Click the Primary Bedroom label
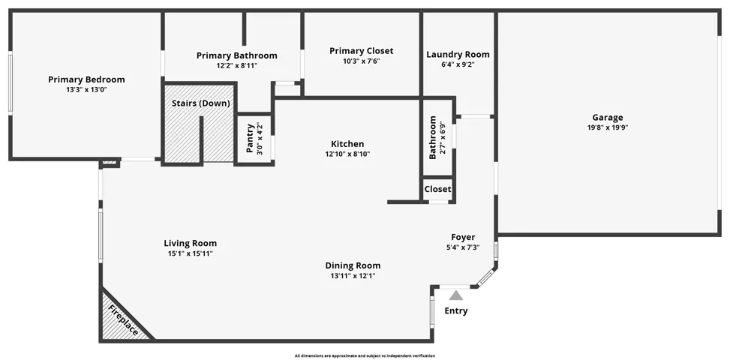pos(86,79)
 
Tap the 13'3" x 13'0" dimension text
pos(86,90)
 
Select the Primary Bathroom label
pos(236,55)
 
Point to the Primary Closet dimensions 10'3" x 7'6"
pos(362,61)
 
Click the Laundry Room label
pos(458,55)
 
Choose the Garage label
pos(608,118)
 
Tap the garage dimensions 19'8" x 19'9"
pos(608,127)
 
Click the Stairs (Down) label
pos(201,103)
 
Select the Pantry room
pos(254,138)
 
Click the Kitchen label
pos(347,144)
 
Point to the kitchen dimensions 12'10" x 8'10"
pos(347,154)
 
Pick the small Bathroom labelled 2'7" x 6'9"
pos(437,137)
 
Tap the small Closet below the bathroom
pos(437,189)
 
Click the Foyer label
pos(463,237)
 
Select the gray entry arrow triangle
pos(456,295)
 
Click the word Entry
pos(456,310)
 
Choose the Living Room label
pos(190,243)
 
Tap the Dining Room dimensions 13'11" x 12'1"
pos(353,276)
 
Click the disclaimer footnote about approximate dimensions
pos(365,355)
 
